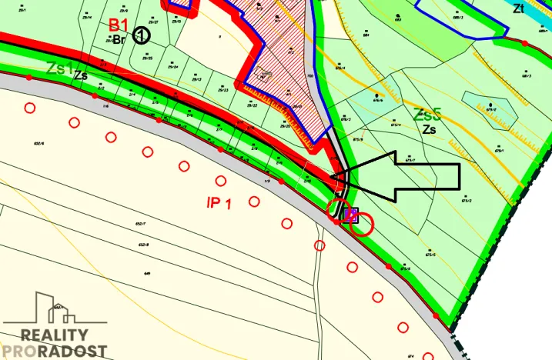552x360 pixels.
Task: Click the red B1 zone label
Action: coord(119,26)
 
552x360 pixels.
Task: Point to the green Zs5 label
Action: coord(427,115)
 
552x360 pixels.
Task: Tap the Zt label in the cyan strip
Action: coord(518,9)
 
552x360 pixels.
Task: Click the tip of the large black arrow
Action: coord(333,178)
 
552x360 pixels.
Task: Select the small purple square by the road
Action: coord(350,214)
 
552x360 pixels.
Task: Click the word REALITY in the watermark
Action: coord(54,335)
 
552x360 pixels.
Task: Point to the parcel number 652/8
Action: coord(143,245)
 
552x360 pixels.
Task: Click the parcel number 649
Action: coord(146,272)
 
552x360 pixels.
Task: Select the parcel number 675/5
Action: coord(430,254)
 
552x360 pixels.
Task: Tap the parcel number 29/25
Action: coord(147,58)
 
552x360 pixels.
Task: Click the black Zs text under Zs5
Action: coord(429,130)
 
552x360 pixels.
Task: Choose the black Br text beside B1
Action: coord(119,39)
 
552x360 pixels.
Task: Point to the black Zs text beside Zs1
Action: coord(80,75)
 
